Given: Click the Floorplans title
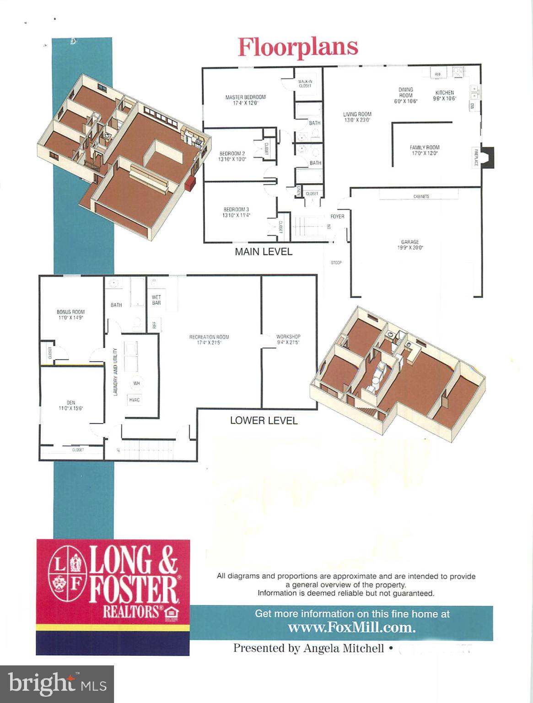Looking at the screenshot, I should click(x=298, y=47).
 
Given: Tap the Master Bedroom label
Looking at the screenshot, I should click(x=245, y=100).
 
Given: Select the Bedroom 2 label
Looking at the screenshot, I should click(x=232, y=157).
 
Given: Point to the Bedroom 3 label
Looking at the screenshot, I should click(x=236, y=212).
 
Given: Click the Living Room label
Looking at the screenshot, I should click(x=357, y=117).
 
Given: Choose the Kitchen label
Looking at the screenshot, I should click(x=444, y=95).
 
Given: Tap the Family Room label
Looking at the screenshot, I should click(x=425, y=150).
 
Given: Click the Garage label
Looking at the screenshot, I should click(x=410, y=245).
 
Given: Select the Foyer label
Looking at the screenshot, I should click(x=337, y=216).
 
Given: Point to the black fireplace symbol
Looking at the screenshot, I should click(x=488, y=157).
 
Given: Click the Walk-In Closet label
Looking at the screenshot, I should click(x=305, y=84).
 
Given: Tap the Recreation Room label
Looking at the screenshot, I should click(x=209, y=340).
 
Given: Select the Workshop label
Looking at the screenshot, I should click(x=288, y=339).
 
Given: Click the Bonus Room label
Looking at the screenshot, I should click(x=70, y=314).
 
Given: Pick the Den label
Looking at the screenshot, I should click(x=70, y=406).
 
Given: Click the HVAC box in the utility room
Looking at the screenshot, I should click(x=135, y=400).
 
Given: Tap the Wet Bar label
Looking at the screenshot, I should click(x=156, y=300).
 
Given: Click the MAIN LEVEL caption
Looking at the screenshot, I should click(x=263, y=252).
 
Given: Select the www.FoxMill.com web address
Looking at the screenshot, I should click(x=351, y=627).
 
